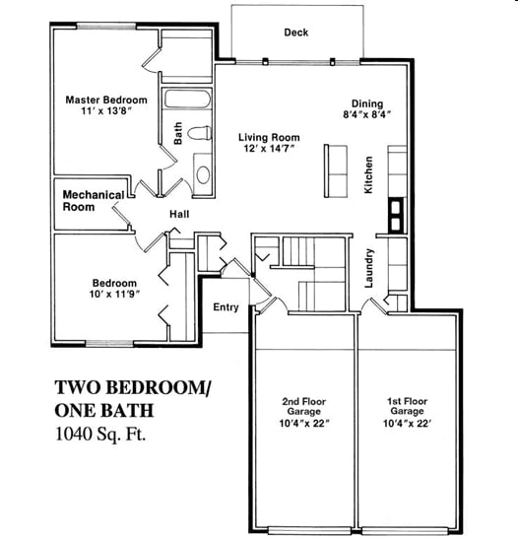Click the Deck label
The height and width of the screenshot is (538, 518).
[x=296, y=33]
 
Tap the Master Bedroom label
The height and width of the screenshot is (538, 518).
[x=106, y=100]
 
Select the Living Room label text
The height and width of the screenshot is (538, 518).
[x=269, y=137]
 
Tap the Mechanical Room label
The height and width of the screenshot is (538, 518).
[x=94, y=201]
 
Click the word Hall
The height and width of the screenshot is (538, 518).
[x=178, y=215]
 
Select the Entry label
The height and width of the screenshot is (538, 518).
[x=227, y=307]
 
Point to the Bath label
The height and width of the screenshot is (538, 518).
[x=178, y=133]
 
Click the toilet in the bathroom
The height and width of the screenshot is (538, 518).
[x=201, y=132]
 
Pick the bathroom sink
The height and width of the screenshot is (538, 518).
[x=203, y=173]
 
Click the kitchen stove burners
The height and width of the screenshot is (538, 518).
[x=396, y=214]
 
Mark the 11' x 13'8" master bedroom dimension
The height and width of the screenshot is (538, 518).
[x=106, y=113]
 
